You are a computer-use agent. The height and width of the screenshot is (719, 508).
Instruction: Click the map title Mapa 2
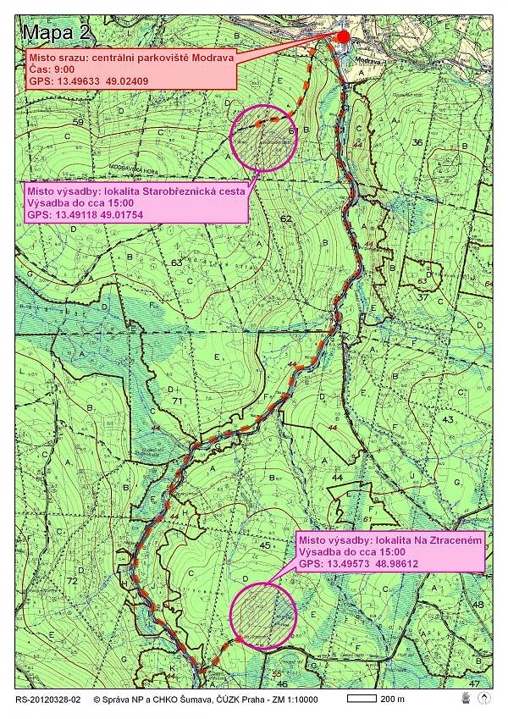pyautogui.click(x=57, y=33)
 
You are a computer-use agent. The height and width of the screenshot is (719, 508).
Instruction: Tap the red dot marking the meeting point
pyautogui.click(x=342, y=36)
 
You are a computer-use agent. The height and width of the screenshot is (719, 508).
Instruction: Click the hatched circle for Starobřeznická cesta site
pyautogui.click(x=263, y=137)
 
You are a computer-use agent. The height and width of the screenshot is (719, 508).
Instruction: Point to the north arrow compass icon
pyautogui.click(x=484, y=700)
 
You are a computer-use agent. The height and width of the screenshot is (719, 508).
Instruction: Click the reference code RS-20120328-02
pyautogui.click(x=47, y=700)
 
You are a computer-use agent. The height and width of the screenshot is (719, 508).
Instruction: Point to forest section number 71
pyautogui.click(x=177, y=401)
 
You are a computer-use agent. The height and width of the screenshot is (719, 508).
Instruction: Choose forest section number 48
pyautogui.click(x=478, y=605)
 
